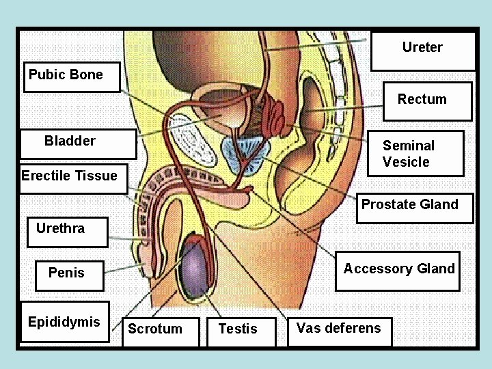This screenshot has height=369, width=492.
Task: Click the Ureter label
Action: (x=422, y=48)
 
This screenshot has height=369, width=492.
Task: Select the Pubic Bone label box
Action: (x=66, y=75)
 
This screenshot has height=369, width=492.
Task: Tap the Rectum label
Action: (x=422, y=100)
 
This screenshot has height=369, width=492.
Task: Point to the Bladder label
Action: (x=70, y=141)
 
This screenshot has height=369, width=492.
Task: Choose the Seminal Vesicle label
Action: (x=408, y=154)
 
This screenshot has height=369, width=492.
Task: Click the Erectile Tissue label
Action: (x=69, y=176)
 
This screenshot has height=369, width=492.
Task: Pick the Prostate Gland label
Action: (x=409, y=205)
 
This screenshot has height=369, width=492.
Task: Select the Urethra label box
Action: (x=60, y=229)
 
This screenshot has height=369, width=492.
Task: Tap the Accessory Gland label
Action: (x=398, y=269)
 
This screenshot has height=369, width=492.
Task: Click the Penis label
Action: (x=66, y=273)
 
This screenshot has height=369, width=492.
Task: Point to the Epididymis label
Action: (x=64, y=323)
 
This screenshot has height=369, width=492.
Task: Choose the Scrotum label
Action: (x=155, y=329)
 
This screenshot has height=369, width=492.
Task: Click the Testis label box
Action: (x=238, y=329)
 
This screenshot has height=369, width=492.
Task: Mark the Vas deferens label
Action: (x=338, y=329)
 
